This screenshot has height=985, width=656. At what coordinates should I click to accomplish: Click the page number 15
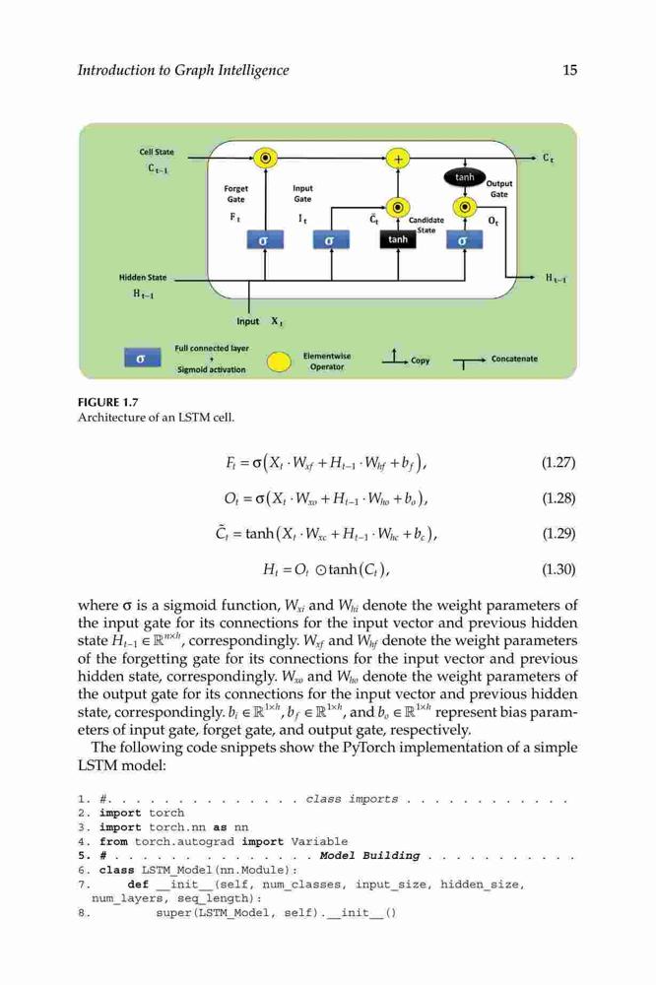click(x=569, y=70)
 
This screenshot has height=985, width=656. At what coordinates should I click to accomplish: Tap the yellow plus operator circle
click(x=398, y=159)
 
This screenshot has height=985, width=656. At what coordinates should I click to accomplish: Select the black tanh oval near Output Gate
click(x=464, y=177)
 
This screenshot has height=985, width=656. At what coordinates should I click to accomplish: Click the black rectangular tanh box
click(x=398, y=239)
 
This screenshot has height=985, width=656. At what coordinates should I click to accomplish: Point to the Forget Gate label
click(x=235, y=193)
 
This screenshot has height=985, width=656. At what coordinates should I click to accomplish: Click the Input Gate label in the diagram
click(x=302, y=193)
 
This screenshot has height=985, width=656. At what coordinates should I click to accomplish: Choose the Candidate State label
click(x=426, y=225)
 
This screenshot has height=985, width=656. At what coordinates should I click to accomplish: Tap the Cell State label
click(x=157, y=152)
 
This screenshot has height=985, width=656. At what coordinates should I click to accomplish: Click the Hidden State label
click(x=143, y=277)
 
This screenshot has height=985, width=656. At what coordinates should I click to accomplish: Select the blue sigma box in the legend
click(x=142, y=358)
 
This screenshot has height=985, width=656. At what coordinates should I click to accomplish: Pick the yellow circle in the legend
click(x=279, y=361)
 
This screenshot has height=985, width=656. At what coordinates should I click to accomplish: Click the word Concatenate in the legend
click(x=514, y=359)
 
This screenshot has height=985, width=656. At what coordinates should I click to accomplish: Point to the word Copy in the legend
click(x=421, y=361)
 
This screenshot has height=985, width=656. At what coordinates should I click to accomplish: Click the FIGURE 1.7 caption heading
click(x=107, y=402)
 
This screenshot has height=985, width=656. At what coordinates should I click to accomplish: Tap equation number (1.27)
click(x=558, y=463)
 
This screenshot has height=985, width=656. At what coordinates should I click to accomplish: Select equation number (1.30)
click(x=558, y=569)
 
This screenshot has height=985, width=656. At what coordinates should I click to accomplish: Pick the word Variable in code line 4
click(x=319, y=842)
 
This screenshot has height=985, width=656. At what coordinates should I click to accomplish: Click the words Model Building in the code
click(x=369, y=856)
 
